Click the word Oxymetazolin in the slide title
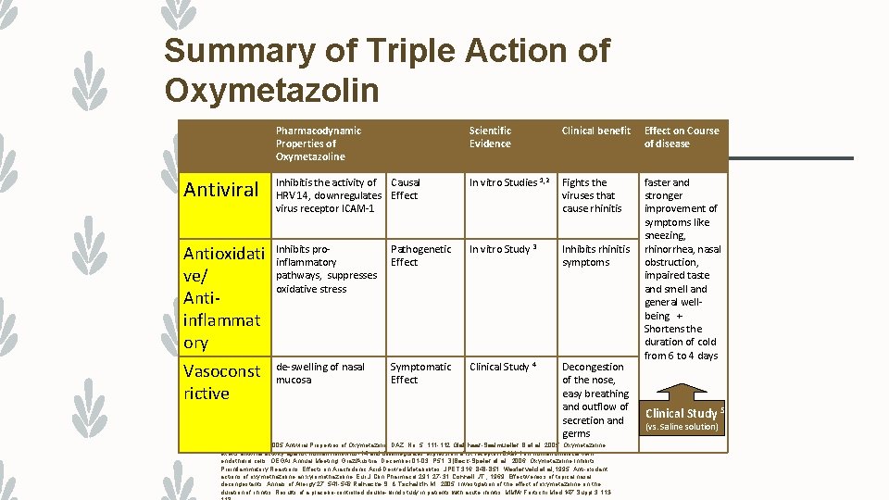point(271,90)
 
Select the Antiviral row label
point(221,190)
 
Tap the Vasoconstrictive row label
point(221,381)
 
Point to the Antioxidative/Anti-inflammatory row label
point(222,297)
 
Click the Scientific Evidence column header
point(490,137)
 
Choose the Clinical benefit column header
point(595,131)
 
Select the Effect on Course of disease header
point(681,137)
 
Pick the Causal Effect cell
point(406,189)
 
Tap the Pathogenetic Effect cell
point(420,256)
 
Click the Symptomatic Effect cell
point(420,373)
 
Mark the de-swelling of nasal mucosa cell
point(320,373)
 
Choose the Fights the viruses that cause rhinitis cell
point(591,195)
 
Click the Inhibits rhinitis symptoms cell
point(595,256)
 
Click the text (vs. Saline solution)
point(682,427)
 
